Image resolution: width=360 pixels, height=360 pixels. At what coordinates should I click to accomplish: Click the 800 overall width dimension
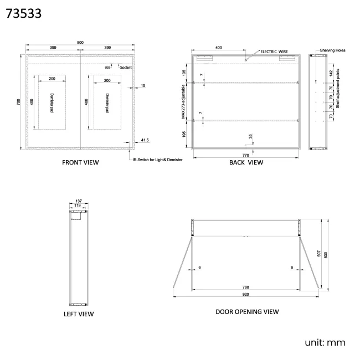[80, 42]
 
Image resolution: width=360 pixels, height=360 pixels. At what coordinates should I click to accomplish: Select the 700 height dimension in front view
[19, 102]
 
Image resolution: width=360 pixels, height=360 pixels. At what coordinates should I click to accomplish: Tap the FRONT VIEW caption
[80, 162]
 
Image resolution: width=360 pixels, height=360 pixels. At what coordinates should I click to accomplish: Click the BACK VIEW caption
[246, 162]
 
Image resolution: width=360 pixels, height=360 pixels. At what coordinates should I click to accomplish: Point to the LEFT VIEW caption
[78, 314]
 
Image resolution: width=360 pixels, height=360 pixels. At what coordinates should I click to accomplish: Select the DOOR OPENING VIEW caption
[247, 312]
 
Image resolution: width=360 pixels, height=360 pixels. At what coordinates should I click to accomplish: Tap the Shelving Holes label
[332, 50]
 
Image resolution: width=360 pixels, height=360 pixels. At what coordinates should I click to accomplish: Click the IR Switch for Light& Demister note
[157, 160]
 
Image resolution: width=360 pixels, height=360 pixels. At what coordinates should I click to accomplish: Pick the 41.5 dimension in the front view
[145, 141]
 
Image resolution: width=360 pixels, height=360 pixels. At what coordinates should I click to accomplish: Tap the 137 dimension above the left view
[78, 201]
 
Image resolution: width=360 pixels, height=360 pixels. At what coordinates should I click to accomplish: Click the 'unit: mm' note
[325, 342]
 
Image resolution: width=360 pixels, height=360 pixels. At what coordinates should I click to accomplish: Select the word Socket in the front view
[126, 67]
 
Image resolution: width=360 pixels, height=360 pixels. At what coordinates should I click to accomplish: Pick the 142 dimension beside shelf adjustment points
[331, 72]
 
